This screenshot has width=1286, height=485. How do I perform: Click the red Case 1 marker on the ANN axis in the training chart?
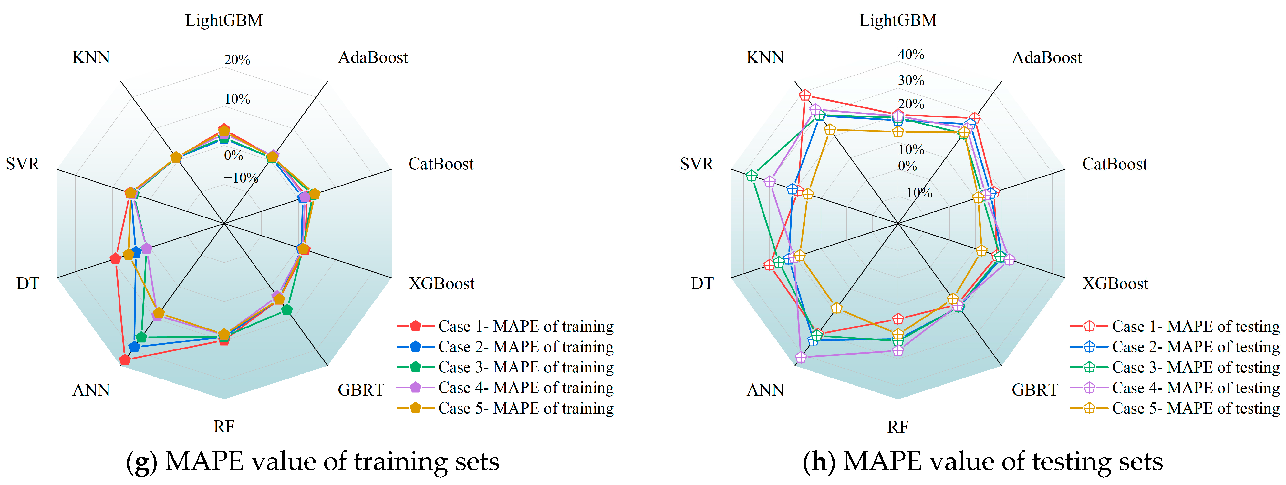coord(125,359)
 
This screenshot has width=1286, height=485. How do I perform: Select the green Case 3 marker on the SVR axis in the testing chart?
coord(751,176)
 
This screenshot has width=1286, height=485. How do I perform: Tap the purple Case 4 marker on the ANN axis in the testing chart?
coord(801,357)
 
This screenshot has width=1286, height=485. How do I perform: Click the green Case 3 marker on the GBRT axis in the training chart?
coord(286,310)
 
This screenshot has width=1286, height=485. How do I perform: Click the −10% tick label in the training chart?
coord(242,177)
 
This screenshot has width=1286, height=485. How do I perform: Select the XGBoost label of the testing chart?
coord(1115,283)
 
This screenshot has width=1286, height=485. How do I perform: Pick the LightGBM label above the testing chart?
coord(897,20)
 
